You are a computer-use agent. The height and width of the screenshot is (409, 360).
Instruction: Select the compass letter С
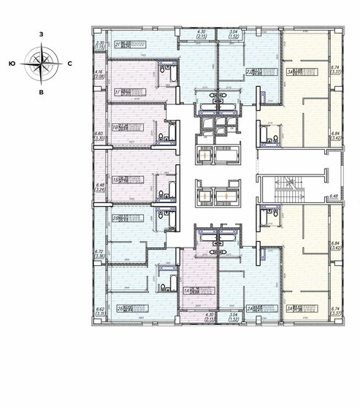[x=69, y=64]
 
